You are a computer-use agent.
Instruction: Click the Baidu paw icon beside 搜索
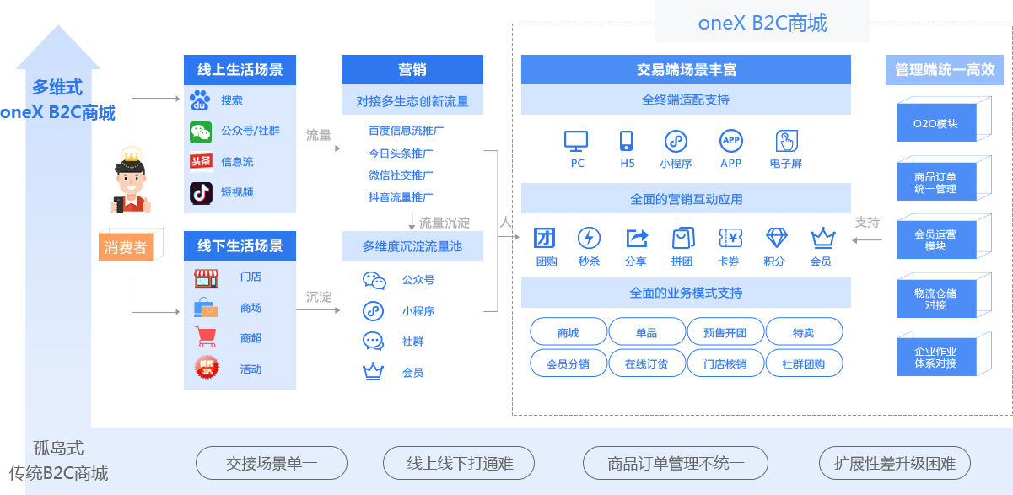[200, 100]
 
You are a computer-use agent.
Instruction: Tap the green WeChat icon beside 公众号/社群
[200, 132]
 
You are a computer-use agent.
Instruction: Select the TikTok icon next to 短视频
[200, 192]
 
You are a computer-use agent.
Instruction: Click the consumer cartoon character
[131, 180]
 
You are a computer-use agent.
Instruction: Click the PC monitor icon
[577, 140]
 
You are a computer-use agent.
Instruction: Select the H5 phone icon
[627, 140]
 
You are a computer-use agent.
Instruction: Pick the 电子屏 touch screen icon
[786, 140]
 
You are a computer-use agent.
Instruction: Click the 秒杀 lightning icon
[589, 238]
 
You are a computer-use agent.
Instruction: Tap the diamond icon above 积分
[775, 238]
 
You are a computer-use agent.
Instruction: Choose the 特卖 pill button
[804, 332]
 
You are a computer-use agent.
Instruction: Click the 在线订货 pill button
[646, 363]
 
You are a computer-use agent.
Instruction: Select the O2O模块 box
[935, 124]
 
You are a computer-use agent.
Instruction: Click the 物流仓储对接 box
[935, 299]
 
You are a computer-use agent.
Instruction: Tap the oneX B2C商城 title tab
[762, 23]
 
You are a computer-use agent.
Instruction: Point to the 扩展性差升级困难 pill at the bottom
[895, 463]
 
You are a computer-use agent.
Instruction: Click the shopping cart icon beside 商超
[205, 338]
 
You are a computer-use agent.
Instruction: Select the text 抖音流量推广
[401, 196]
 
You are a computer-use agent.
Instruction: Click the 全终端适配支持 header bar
[685, 100]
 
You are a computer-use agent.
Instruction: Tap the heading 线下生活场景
[240, 245]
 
